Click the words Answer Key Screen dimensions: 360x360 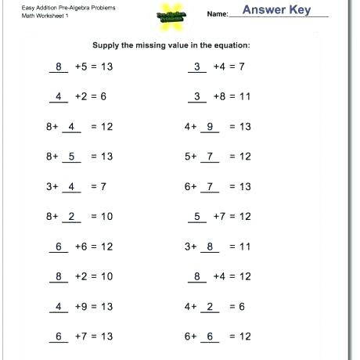coord(277,10)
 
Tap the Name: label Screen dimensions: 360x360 coord(218,14)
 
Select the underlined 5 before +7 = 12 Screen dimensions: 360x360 coord(198,217)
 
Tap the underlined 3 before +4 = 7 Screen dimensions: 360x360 coord(198,67)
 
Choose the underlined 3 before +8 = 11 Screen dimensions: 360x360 coord(198,97)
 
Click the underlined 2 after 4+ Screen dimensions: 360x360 coord(210,307)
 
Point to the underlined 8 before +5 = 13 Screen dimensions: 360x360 coord(59,67)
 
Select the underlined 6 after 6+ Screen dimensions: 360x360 coord(210,337)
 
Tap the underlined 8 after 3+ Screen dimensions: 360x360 coord(210,247)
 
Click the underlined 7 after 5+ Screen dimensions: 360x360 coord(210,157)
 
